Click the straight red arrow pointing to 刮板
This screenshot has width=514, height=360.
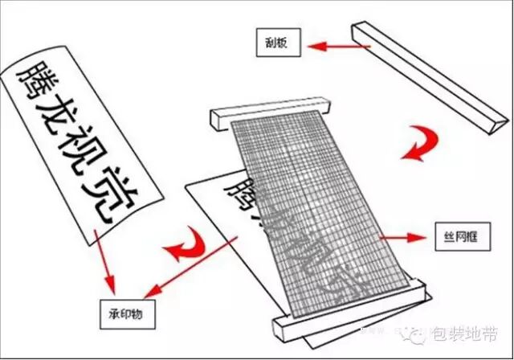click(x=337, y=47)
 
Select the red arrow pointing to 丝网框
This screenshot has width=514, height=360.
click(x=402, y=237)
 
